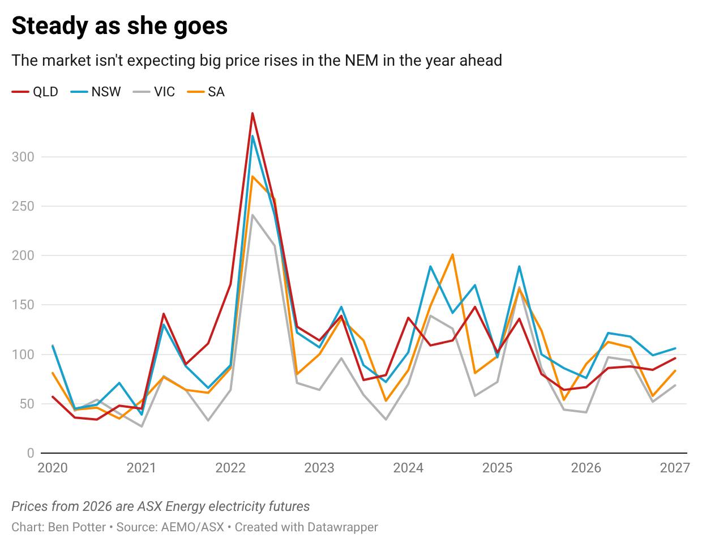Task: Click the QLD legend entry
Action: point(35,92)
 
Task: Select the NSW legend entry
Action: point(96,92)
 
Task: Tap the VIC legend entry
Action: point(155,92)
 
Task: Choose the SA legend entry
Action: point(207,92)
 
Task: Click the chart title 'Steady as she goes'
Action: point(119,26)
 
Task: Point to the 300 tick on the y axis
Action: point(23,157)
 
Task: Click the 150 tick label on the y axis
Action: point(23,305)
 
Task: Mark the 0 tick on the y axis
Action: point(30,453)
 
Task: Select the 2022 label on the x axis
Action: point(230,468)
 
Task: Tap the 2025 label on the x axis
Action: point(497,468)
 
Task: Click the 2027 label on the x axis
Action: point(675,468)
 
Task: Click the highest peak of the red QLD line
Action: point(252,113)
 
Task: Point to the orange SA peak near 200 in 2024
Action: point(453,255)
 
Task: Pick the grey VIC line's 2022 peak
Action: point(252,215)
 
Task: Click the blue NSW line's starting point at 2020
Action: point(53,345)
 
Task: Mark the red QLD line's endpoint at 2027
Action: point(675,358)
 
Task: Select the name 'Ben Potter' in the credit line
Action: point(77,527)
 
